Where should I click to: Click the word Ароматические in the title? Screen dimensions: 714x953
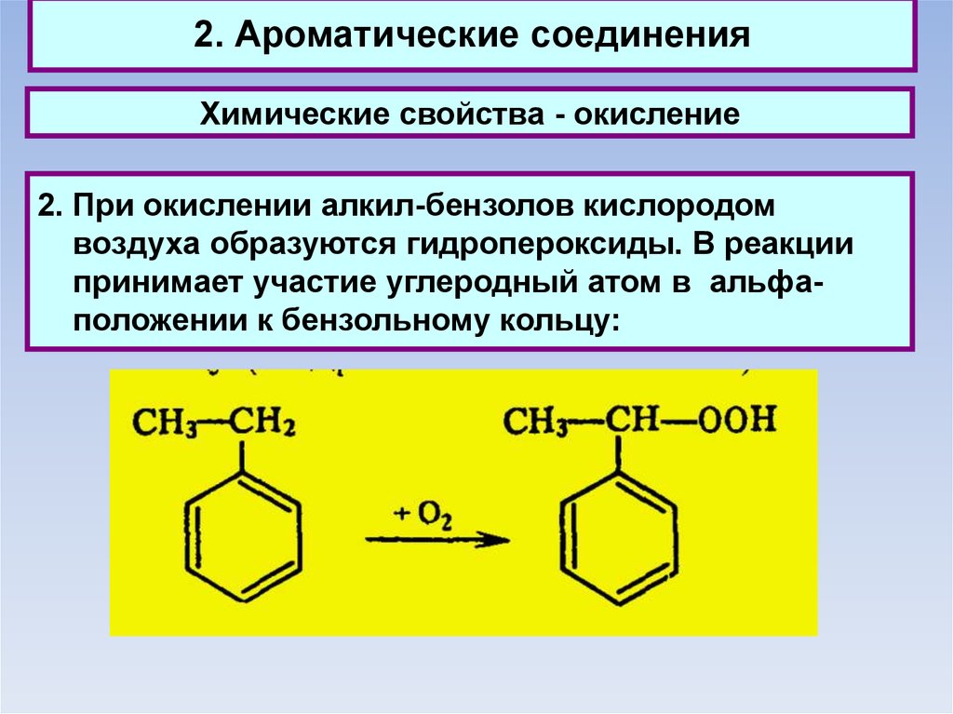tap(366, 36)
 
